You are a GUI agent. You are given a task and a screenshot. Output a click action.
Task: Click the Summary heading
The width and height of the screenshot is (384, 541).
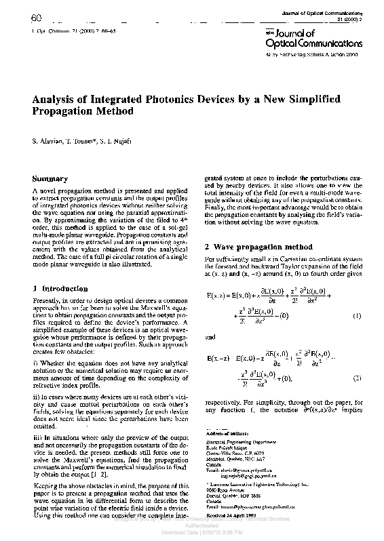point(50,179)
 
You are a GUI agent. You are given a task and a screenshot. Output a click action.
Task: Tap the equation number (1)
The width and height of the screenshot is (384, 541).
point(357,317)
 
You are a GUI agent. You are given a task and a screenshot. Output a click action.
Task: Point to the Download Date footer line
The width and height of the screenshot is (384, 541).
point(191,532)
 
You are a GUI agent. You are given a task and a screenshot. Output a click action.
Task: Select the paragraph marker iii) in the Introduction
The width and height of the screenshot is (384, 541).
point(37,439)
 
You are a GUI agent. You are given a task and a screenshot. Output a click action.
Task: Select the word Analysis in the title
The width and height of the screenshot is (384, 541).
point(56,99)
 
